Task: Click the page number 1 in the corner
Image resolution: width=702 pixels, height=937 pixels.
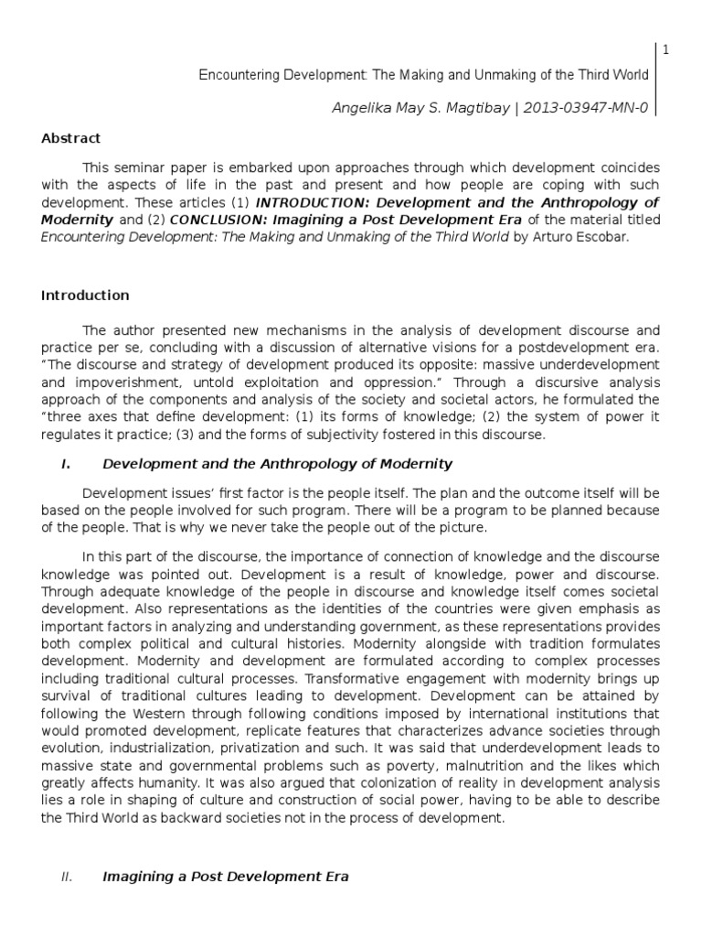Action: (x=666, y=50)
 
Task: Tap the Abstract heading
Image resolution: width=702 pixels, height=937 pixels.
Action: (x=70, y=138)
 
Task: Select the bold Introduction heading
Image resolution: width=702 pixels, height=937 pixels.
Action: (x=85, y=296)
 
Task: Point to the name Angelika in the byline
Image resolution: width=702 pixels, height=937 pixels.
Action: (x=361, y=108)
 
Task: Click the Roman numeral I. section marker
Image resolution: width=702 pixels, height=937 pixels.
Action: (x=66, y=465)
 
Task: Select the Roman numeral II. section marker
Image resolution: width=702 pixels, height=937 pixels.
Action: (x=66, y=877)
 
